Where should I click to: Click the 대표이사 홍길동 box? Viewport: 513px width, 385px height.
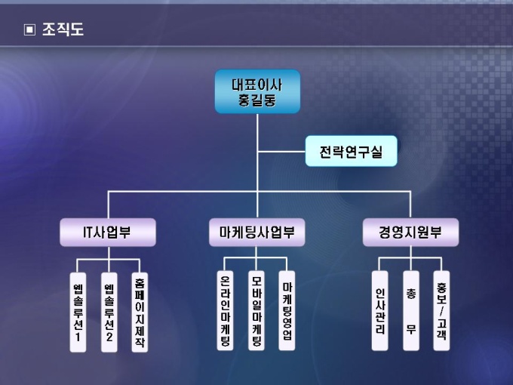pos(257,91)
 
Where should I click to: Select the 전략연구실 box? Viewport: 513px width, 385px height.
pos(351,152)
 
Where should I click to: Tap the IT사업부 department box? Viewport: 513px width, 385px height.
pos(108,233)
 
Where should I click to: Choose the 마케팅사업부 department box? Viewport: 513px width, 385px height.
pos(257,233)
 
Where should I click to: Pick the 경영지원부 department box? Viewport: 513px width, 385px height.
pos(410,233)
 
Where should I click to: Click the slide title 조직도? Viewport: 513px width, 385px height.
pos(63,30)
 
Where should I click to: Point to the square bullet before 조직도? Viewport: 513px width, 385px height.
pos(29,30)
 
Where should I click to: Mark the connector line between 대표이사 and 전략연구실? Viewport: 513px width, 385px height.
pos(281,152)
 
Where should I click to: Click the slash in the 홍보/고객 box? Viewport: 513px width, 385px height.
pos(441,311)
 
